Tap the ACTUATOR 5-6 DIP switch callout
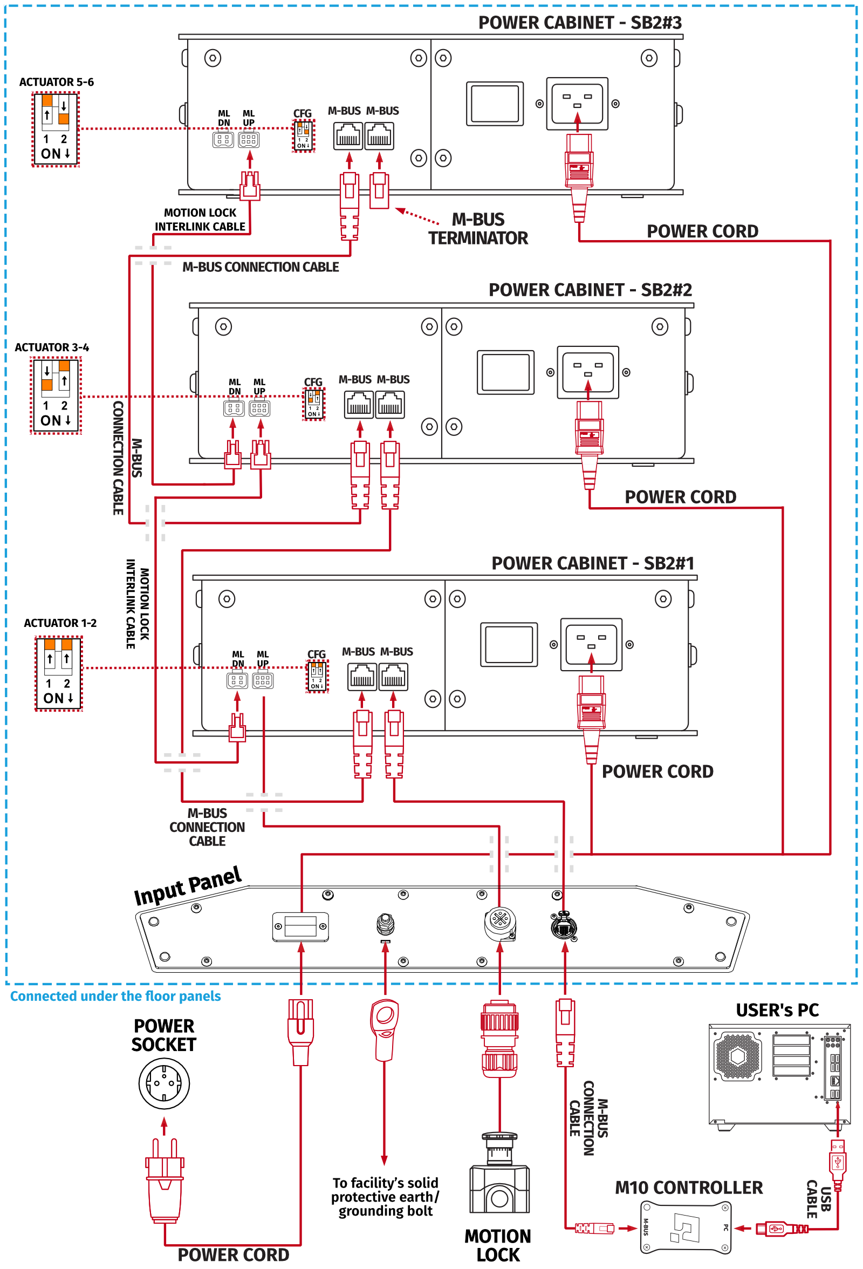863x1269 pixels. pyautogui.click(x=55, y=129)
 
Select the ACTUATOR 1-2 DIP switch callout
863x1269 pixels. pyautogui.click(x=58, y=673)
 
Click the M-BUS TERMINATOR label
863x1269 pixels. pyautogui.click(x=478, y=229)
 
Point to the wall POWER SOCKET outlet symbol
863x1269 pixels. pyautogui.click(x=164, y=1084)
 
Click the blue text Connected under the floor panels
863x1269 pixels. pyautogui.click(x=115, y=996)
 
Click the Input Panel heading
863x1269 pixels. pyautogui.click(x=187, y=885)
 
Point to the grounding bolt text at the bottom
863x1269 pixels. pyautogui.click(x=385, y=1196)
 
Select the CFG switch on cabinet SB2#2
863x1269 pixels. pyautogui.click(x=314, y=404)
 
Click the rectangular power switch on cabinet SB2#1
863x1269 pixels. pyautogui.click(x=509, y=644)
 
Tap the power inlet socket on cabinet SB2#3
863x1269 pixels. pyautogui.click(x=577, y=103)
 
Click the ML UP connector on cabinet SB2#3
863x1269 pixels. pyautogui.click(x=248, y=140)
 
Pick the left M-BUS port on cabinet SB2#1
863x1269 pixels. pyautogui.click(x=362, y=677)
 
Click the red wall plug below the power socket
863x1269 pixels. pyautogui.click(x=164, y=1179)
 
